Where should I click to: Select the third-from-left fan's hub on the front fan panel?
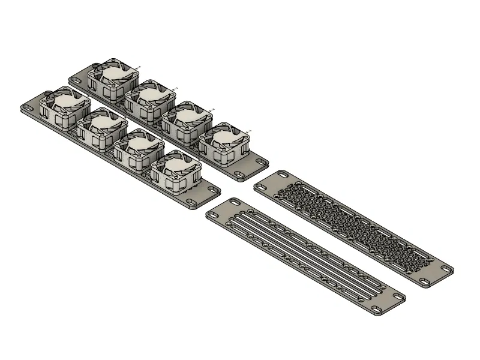[x=137, y=145]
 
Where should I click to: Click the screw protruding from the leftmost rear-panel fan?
[x=139, y=67]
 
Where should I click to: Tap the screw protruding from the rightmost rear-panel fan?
[x=248, y=130]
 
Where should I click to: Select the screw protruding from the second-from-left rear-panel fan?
[x=175, y=88]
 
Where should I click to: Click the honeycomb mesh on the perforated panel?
[x=354, y=228]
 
